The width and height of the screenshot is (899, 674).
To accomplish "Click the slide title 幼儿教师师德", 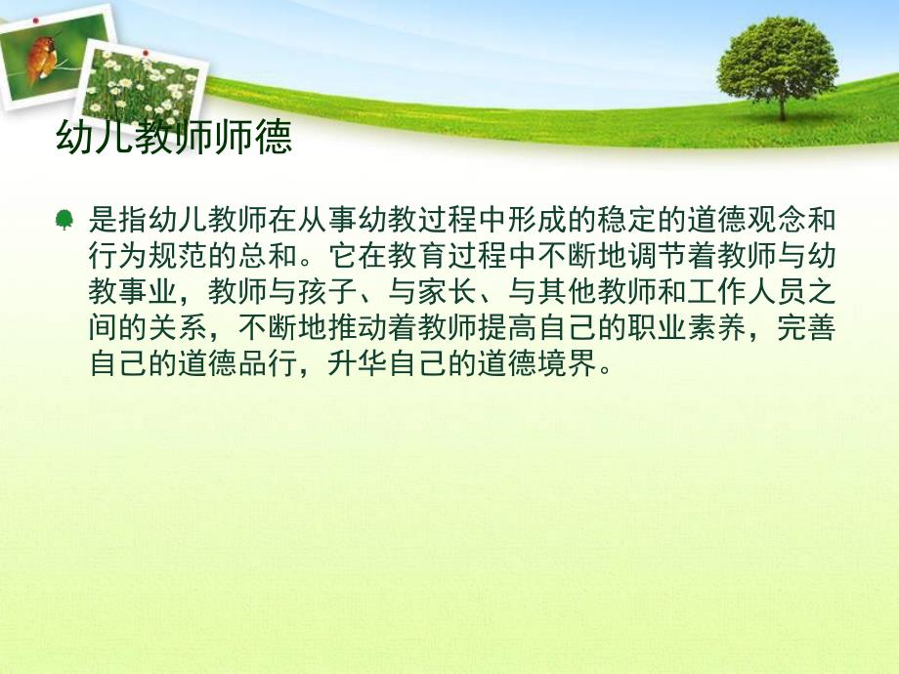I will [x=174, y=139].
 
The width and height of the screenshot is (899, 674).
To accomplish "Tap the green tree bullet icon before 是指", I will [x=64, y=221].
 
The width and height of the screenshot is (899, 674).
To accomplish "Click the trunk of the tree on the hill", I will [x=781, y=105].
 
